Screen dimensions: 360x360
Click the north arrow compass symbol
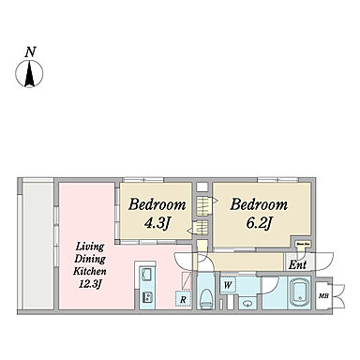(x=30, y=73)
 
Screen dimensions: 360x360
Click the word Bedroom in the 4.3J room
(x=157, y=205)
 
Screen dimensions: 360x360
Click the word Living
(x=88, y=247)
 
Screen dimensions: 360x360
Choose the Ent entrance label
(x=297, y=265)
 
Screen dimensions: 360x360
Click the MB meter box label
(x=323, y=297)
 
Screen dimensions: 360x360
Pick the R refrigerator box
(x=182, y=300)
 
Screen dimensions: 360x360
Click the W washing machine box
(x=228, y=283)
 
